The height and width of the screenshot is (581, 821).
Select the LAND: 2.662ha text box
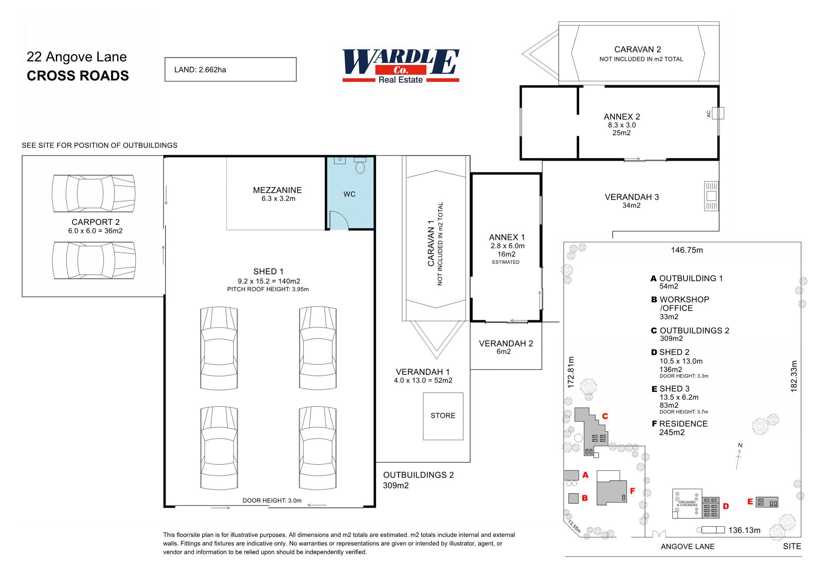click(x=230, y=70)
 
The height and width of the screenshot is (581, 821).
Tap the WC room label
click(x=349, y=194)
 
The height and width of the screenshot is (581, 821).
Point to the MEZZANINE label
click(x=277, y=190)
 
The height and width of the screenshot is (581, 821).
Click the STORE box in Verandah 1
click(x=443, y=416)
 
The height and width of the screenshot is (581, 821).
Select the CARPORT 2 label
click(x=96, y=222)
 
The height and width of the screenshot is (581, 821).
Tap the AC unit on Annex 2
click(x=718, y=113)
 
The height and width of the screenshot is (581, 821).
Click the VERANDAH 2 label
click(x=506, y=344)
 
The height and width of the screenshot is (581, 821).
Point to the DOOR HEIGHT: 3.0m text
click(x=272, y=501)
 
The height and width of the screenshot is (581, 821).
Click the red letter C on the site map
click(x=605, y=416)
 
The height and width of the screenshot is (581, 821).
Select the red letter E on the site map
click(x=750, y=501)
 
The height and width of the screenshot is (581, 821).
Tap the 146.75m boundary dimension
click(x=687, y=250)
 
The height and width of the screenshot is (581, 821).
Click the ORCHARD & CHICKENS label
click(x=687, y=504)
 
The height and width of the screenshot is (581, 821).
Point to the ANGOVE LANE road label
click(x=687, y=547)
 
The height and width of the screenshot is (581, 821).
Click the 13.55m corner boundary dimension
click(x=574, y=527)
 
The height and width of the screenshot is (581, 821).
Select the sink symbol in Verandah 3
click(x=711, y=196)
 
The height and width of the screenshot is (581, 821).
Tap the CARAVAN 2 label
click(x=637, y=50)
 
